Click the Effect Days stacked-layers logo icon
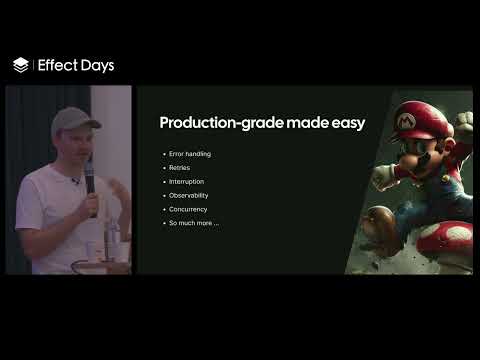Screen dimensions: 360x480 coord(21,65)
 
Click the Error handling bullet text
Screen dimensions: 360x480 coord(190,153)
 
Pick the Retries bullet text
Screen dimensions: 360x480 coord(179,167)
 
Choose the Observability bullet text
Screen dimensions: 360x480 coord(189,195)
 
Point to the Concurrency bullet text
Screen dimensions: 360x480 coord(188,209)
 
